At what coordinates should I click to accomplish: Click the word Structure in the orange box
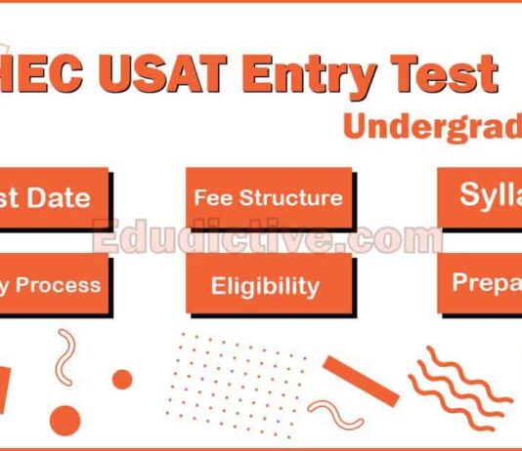coord(290,197)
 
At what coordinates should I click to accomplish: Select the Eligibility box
coord(265,285)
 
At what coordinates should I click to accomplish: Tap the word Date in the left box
coord(58,198)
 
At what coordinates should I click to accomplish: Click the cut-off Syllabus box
coord(479,194)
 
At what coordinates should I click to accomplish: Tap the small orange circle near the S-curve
coord(122,379)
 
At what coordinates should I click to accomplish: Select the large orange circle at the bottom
coord(65,420)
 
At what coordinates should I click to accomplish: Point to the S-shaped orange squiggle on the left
coord(66,355)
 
